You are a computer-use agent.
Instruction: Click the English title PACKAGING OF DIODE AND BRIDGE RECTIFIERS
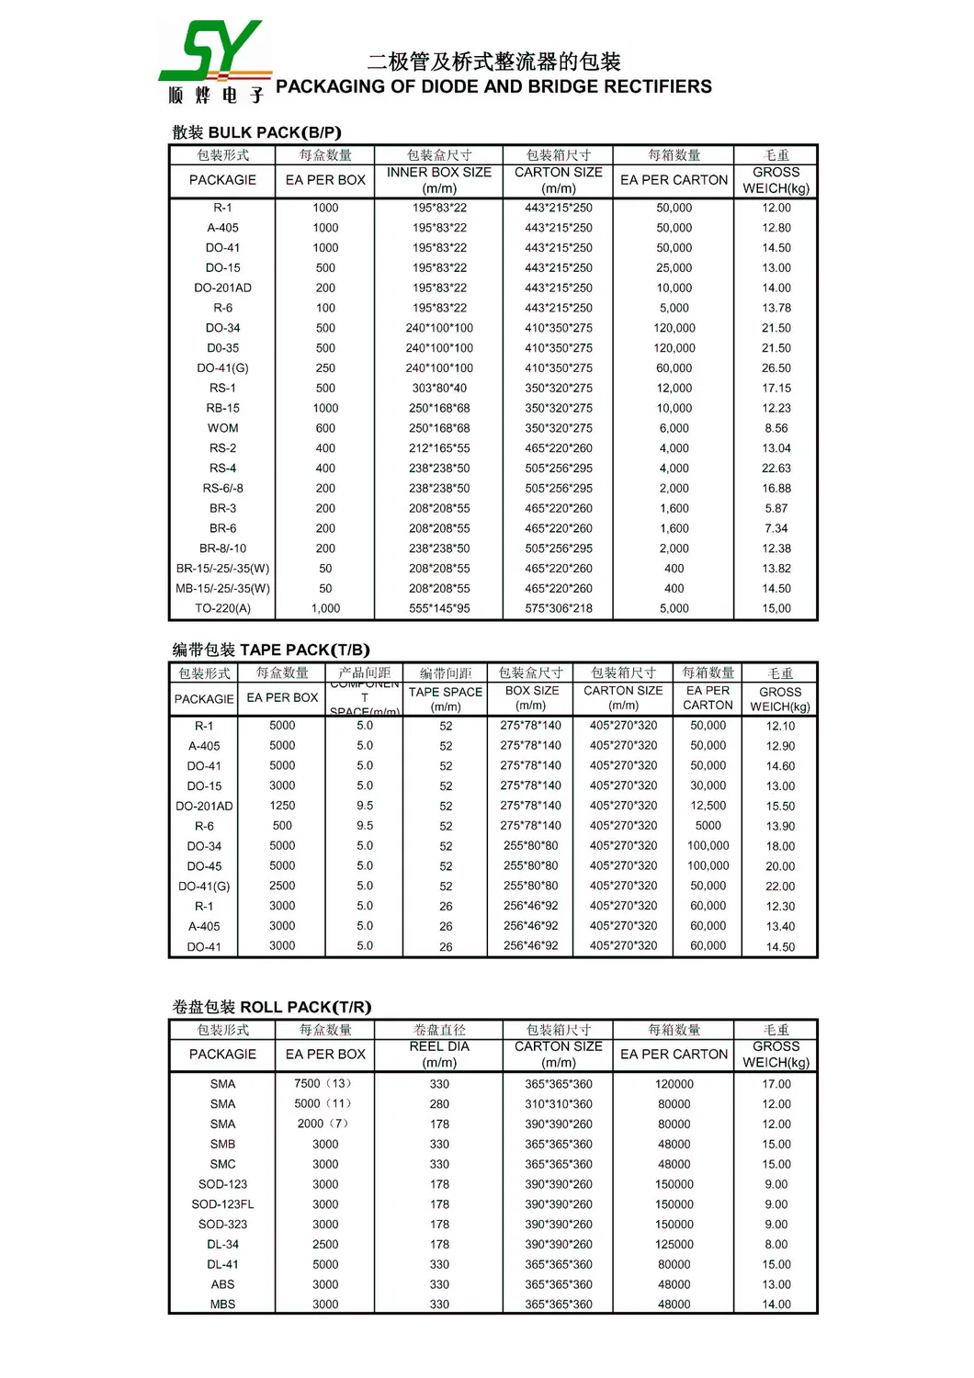[493, 86]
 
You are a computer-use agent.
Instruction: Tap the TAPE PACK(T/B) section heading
[271, 649]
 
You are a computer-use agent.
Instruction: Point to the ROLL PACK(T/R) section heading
[271, 1007]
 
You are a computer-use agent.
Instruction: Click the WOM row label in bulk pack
[222, 428]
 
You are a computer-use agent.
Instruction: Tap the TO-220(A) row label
[222, 608]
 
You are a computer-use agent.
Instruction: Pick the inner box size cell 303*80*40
[439, 388]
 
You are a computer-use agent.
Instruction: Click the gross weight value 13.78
[776, 308]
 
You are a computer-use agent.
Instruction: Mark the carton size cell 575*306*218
[559, 608]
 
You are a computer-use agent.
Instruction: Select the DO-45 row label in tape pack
[204, 866]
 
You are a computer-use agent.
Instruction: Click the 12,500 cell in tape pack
[708, 806]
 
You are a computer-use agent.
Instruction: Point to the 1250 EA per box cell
[282, 806]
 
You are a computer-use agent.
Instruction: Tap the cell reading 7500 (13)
[324, 1083]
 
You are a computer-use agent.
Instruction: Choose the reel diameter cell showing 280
[439, 1104]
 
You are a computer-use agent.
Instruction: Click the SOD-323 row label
[222, 1224]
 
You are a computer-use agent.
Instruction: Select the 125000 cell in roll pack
[674, 1244]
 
